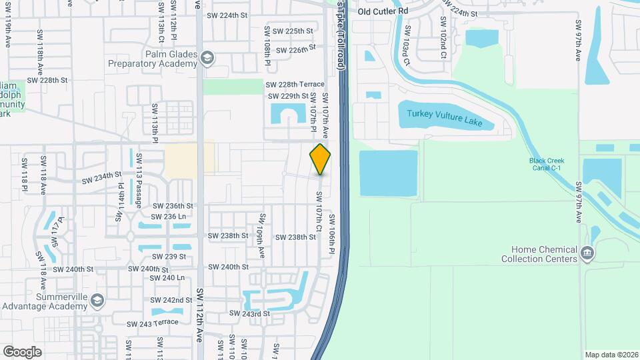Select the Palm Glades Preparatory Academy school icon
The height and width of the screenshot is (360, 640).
(x=207, y=58)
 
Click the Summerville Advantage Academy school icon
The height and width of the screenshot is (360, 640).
(x=97, y=301)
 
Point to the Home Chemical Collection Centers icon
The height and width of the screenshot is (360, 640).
(x=587, y=253)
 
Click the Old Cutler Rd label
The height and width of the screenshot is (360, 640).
(x=382, y=11)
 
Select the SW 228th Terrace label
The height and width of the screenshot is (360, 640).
(x=295, y=85)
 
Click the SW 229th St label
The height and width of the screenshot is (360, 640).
(x=289, y=96)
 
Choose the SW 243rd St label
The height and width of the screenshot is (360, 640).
(x=249, y=313)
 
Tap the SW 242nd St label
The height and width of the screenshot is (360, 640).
(x=173, y=301)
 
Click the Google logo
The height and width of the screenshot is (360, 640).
(x=22, y=352)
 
